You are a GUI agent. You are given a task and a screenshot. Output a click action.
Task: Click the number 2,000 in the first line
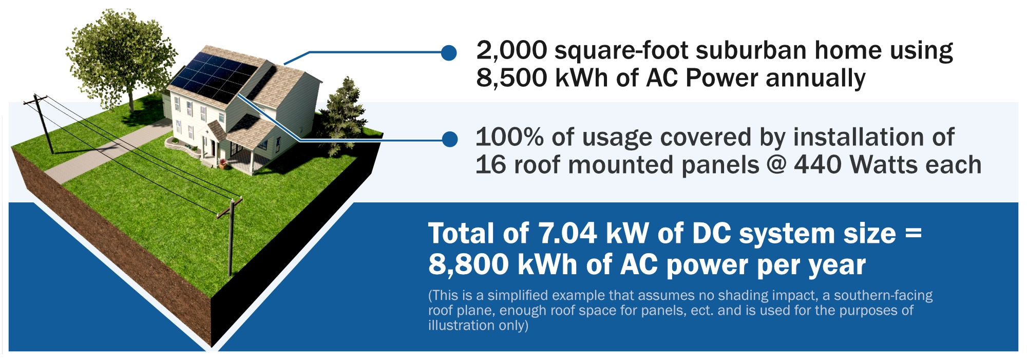point(511,51)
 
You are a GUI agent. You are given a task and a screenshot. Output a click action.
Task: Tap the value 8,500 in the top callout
point(511,79)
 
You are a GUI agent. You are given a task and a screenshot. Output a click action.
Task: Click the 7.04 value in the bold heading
point(567,234)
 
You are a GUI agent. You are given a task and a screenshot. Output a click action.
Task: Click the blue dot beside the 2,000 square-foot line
point(449,52)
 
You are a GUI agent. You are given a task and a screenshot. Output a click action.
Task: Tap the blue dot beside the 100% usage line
point(450,139)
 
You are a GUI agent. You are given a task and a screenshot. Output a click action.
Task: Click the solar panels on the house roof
point(214,77)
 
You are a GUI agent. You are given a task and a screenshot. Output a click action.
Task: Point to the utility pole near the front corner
point(231,237)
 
